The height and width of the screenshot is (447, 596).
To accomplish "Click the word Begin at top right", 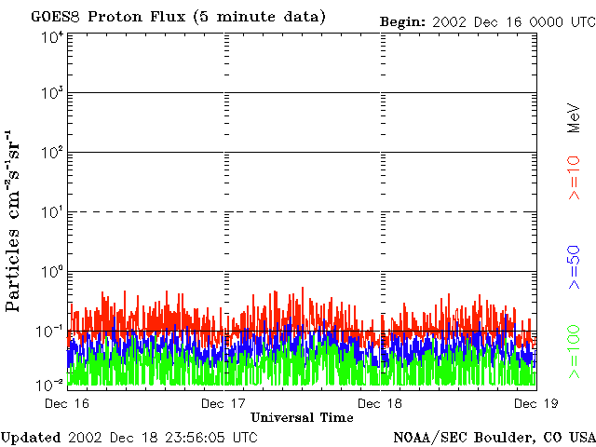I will coord(402,21).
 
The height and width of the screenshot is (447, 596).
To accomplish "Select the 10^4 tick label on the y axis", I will coord(52,36).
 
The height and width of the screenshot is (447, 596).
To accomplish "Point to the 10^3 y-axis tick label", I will coord(52,94).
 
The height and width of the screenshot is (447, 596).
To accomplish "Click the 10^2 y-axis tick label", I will coord(52,153).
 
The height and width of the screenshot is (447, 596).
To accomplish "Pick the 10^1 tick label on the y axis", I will coord(52,212).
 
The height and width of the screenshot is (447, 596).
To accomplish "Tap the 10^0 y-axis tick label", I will coord(52,272).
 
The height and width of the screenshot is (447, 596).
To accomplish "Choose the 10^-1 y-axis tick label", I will coord(50,331).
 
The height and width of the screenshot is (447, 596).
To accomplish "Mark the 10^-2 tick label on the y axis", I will coord(50,385).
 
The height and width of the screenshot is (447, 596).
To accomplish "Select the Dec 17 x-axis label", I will coord(224,403).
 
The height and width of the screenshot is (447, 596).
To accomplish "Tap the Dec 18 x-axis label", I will coord(381,403).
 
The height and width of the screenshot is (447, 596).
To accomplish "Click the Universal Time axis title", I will coord(302,417).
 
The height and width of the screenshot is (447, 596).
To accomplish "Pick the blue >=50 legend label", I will coord(575,267).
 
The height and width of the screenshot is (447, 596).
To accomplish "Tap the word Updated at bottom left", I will coord(31,437).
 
